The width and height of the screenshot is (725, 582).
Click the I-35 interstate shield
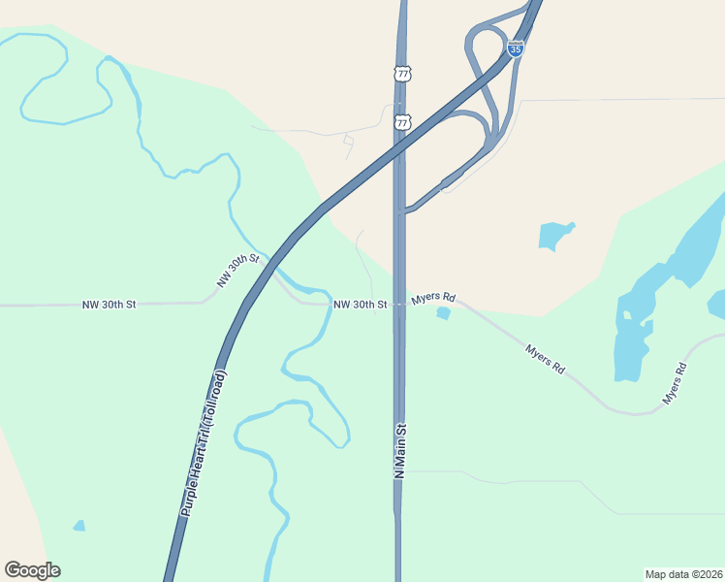[516, 48]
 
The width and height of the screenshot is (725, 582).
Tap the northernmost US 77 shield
[402, 74]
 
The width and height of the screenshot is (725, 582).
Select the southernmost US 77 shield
[402, 122]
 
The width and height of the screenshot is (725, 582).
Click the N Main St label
[398, 449]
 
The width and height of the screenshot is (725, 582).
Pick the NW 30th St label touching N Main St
[361, 305]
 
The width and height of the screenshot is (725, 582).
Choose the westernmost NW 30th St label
[110, 305]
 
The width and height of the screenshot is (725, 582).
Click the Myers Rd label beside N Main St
[433, 299]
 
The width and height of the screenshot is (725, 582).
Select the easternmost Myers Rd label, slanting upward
[675, 383]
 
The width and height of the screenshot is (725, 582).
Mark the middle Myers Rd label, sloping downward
[545, 358]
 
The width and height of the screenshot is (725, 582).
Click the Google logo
[32, 570]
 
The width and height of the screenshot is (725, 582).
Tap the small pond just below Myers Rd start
[444, 312]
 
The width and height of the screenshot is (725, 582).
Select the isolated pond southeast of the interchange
[555, 236]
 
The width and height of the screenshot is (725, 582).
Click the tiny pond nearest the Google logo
[79, 526]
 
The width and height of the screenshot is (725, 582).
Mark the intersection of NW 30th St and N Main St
[399, 304]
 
